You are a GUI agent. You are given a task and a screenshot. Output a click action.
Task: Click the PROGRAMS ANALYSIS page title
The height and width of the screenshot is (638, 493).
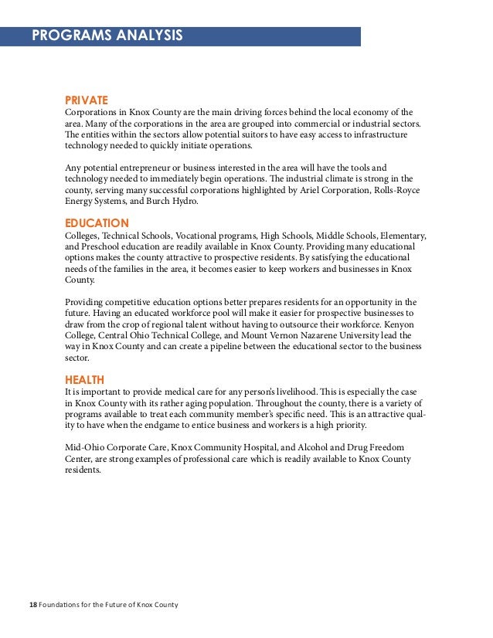(x=107, y=36)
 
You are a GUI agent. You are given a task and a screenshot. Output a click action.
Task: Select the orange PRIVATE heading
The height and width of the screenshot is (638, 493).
(x=86, y=100)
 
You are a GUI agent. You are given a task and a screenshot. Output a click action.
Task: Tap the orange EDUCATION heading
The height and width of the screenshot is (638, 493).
(x=96, y=223)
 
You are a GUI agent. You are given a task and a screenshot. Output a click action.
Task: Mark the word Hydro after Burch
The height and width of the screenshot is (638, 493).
(x=183, y=202)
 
